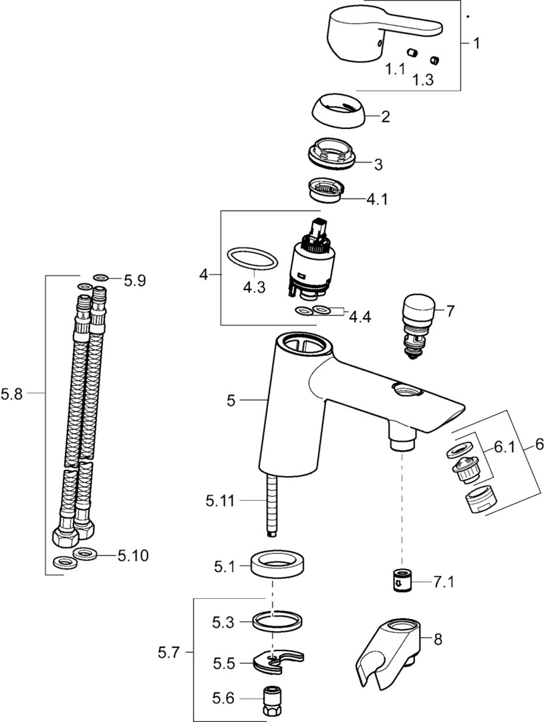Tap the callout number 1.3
click(x=423, y=80)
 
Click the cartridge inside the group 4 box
click(x=311, y=261)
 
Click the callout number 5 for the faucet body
click(x=231, y=400)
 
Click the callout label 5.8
click(x=12, y=394)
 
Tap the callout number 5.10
click(x=133, y=555)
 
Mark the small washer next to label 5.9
click(x=101, y=277)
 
